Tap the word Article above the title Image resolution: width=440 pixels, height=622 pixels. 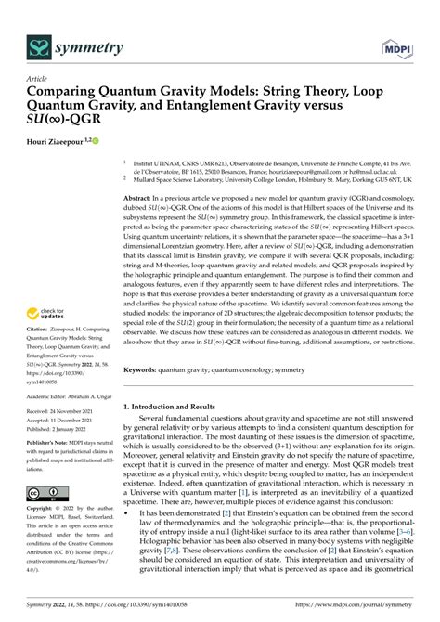coord(38,82)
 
